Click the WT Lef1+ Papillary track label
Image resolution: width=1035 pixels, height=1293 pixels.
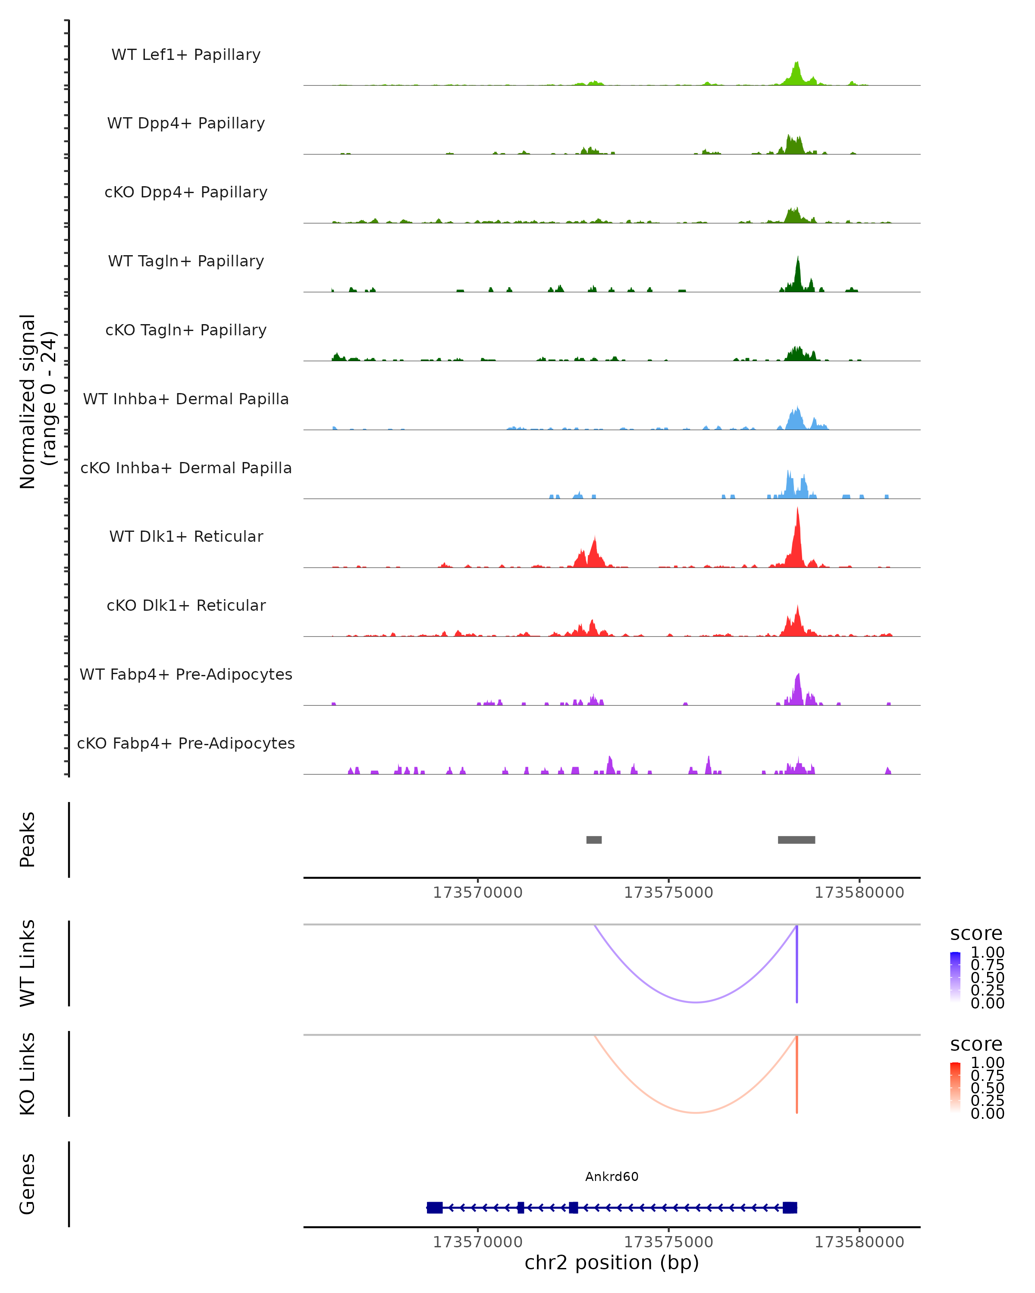click(186, 55)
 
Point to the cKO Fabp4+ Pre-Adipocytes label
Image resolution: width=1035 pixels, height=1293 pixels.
click(186, 743)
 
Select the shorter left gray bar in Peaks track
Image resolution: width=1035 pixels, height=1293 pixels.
click(594, 840)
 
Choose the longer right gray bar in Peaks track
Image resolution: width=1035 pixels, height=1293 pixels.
click(796, 840)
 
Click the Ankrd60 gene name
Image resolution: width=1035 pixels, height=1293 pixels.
click(612, 1177)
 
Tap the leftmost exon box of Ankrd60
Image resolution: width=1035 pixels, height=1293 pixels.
click(434, 1208)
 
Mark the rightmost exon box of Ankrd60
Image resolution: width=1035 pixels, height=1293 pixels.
click(790, 1208)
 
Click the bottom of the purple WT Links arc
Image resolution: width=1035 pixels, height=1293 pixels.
click(696, 1002)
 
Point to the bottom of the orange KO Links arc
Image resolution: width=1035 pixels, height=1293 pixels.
click(696, 1112)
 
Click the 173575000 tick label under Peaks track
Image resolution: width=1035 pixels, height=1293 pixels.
click(668, 893)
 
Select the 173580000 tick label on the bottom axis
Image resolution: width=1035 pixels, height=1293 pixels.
click(859, 1242)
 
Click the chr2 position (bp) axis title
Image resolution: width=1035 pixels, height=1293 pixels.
click(612, 1263)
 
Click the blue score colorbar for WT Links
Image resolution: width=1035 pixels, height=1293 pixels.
click(955, 976)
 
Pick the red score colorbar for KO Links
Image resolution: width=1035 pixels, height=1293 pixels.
click(955, 1087)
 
